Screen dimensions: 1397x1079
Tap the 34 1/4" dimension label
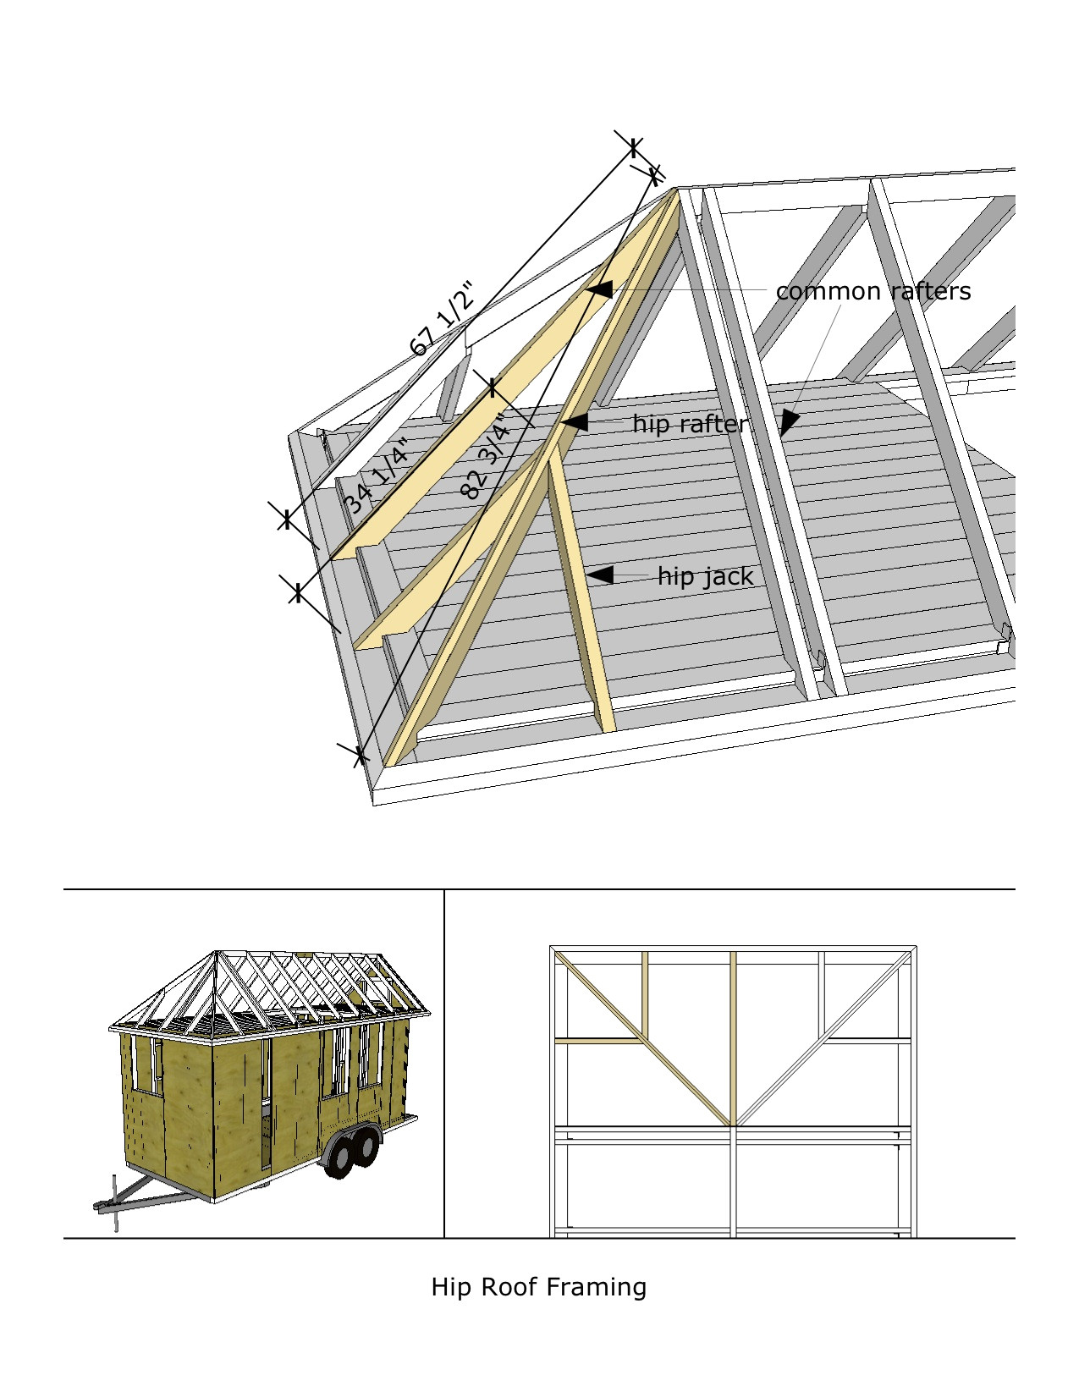(x=377, y=476)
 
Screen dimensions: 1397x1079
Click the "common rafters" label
(x=873, y=291)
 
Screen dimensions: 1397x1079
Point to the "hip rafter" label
(x=690, y=423)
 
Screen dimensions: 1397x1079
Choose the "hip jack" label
(x=705, y=576)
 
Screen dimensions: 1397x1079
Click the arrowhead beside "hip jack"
(x=600, y=575)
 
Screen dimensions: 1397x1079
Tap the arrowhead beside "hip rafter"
(x=575, y=421)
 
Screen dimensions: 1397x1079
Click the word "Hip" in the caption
(x=450, y=1287)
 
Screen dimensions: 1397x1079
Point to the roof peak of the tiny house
(x=217, y=953)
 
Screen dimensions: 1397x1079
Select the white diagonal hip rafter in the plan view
(x=821, y=1041)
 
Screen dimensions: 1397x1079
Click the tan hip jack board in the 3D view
(x=580, y=592)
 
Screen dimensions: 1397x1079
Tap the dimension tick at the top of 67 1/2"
(x=634, y=147)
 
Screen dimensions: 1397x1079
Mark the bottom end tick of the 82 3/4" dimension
(x=361, y=753)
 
